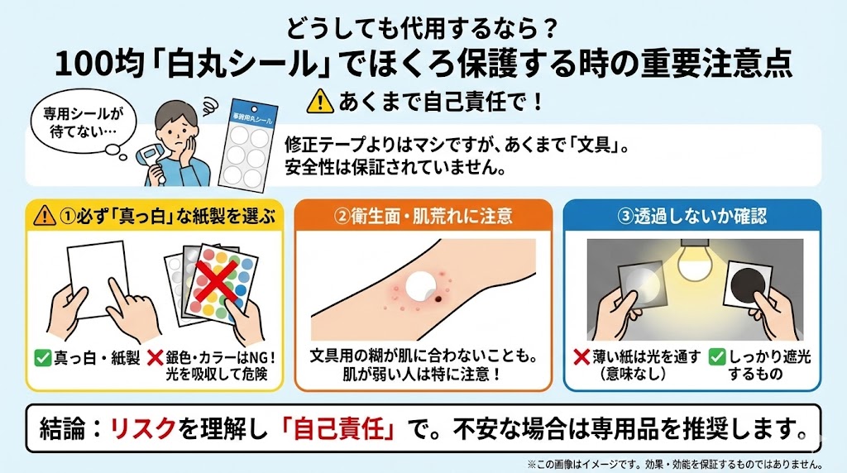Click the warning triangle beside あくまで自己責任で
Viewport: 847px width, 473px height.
320,102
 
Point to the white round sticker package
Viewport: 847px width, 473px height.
249,144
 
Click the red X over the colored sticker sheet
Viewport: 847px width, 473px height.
215,281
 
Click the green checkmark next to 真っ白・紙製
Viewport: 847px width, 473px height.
42,357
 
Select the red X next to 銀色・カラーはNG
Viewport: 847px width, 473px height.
155,357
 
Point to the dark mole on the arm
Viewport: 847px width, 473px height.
438,299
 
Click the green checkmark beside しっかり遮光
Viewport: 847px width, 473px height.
717,357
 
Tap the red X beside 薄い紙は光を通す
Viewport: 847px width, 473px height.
581,357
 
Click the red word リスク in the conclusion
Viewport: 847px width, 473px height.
142,428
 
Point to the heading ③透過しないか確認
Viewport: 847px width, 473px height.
692,216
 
